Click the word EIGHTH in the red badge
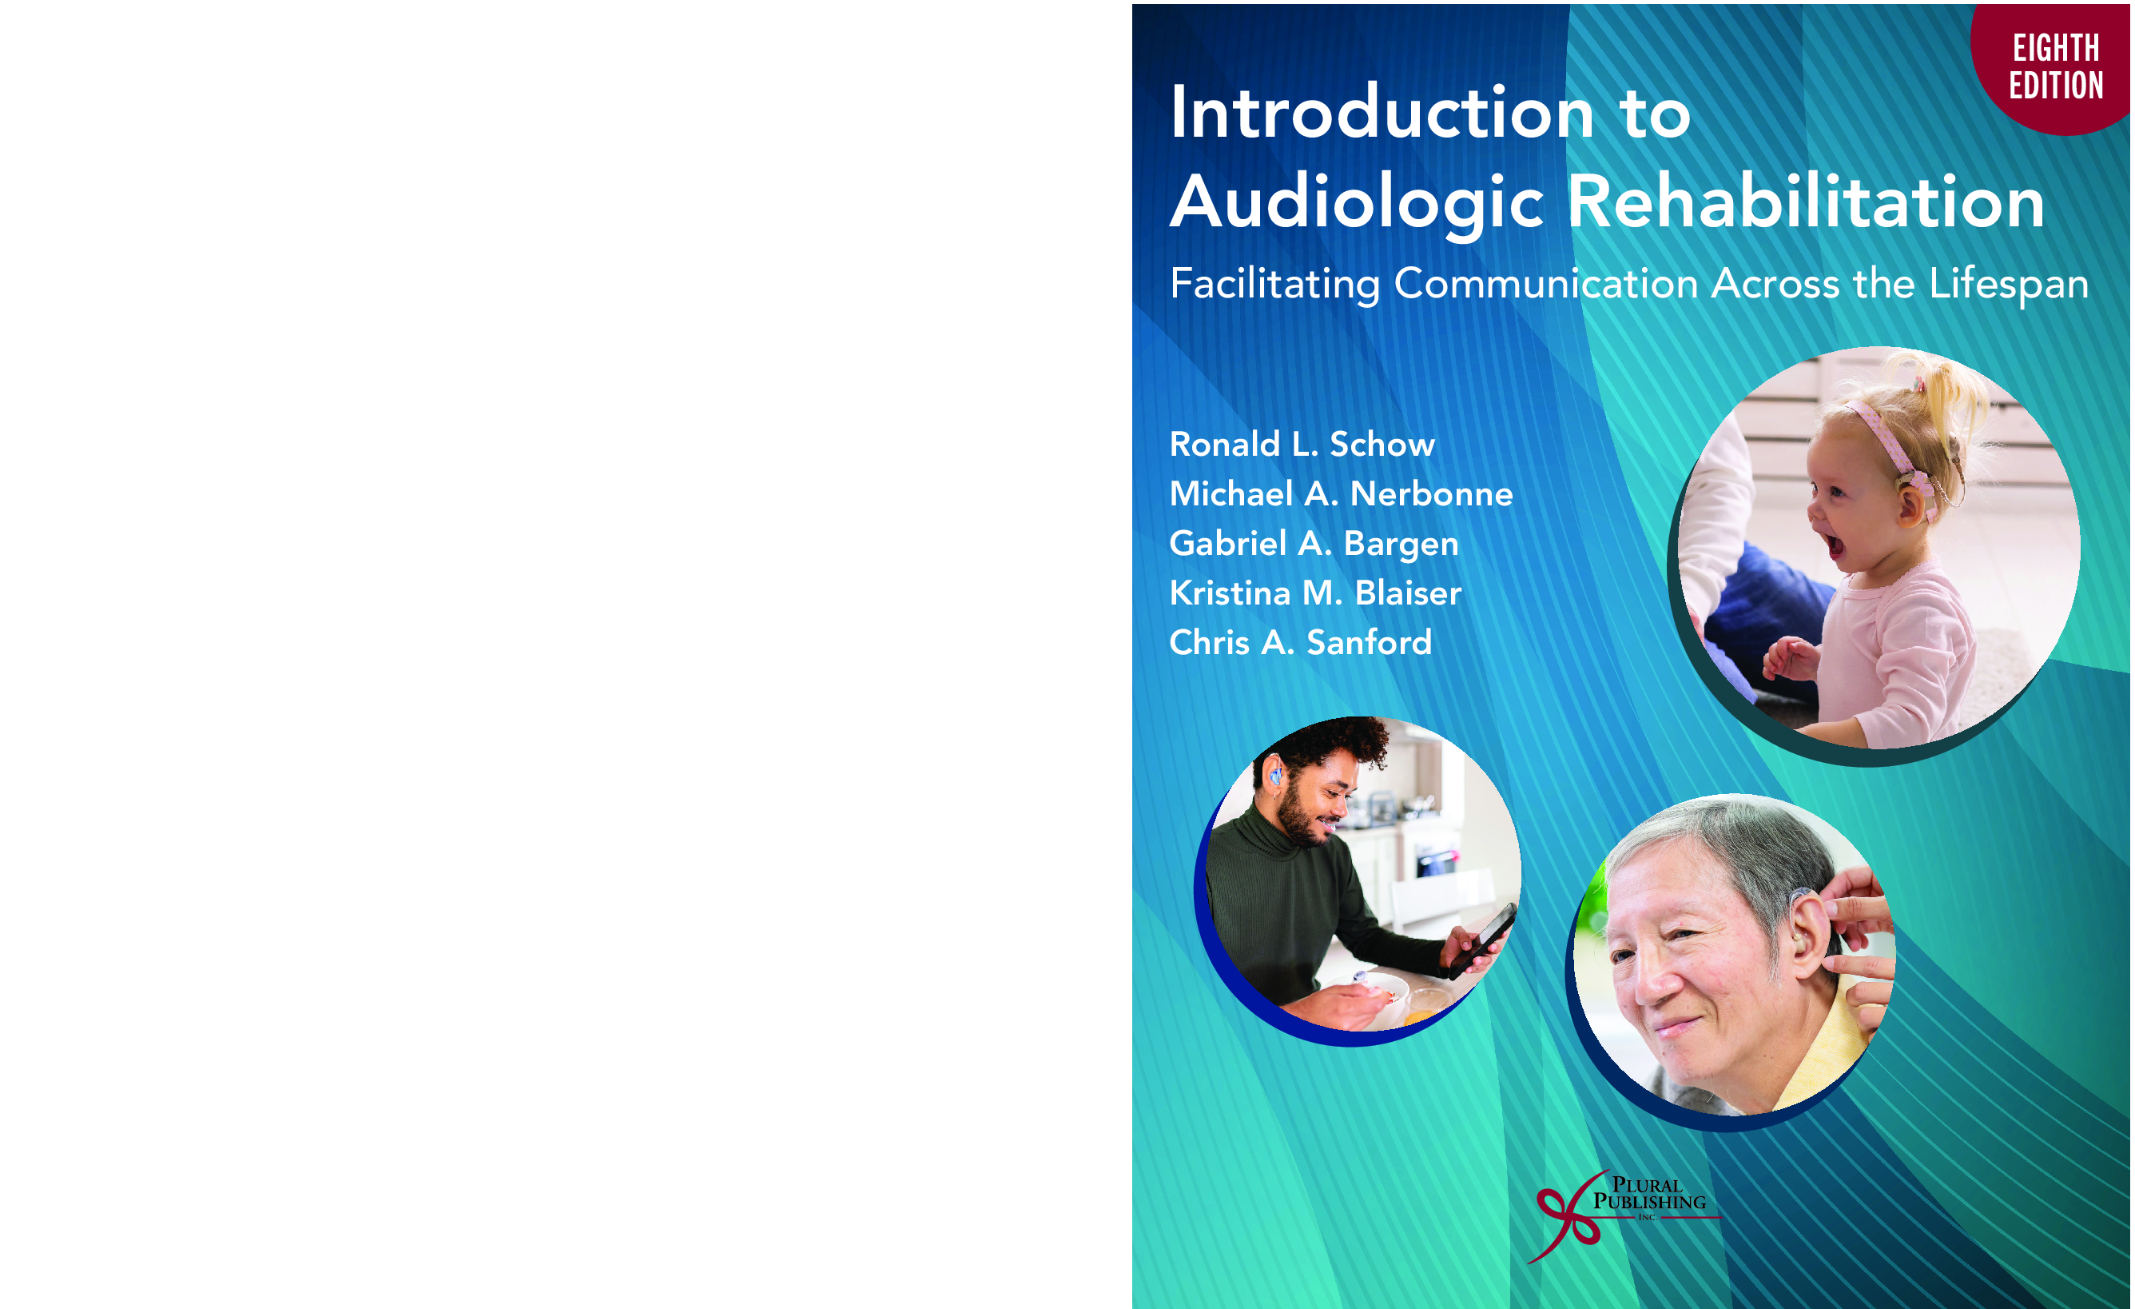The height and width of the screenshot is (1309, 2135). [x=2056, y=48]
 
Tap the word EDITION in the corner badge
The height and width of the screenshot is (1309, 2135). [x=2056, y=86]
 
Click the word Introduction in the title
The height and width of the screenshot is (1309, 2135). [x=1382, y=113]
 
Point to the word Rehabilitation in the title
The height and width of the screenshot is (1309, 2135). [x=1807, y=202]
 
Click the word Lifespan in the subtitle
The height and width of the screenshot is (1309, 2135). [x=2009, y=285]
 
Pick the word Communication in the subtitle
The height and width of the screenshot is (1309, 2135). [x=1546, y=284]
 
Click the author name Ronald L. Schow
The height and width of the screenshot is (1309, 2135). [x=1302, y=444]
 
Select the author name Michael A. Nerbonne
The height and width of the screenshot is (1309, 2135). [x=1342, y=493]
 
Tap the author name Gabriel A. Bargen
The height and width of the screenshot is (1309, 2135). [x=1314, y=545]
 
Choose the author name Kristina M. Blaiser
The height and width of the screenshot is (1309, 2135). [x=1315, y=593]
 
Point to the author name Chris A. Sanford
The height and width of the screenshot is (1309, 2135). [x=1301, y=642]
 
